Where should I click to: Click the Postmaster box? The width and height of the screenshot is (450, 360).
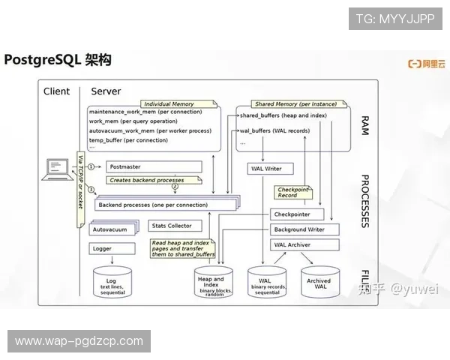142,166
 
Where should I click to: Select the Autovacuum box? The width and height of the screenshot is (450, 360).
113,228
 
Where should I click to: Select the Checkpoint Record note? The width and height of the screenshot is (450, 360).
292,193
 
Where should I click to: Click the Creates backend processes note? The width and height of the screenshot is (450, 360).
153,181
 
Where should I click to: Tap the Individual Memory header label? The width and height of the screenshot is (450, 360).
169,104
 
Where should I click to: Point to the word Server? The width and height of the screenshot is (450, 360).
106,91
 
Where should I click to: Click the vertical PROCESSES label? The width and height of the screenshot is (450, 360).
365,201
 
